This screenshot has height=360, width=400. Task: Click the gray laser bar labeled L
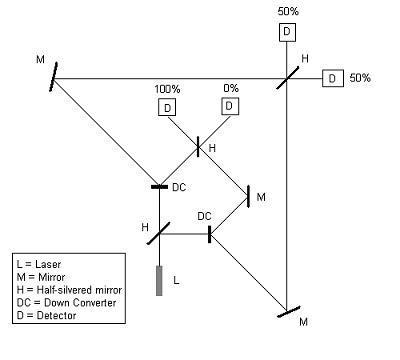[159, 281]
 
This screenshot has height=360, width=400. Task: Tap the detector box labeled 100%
[167, 108]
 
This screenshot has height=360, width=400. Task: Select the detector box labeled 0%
[230, 106]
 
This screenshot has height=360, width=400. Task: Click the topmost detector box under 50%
[287, 32]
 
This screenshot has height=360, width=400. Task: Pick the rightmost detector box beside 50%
[333, 79]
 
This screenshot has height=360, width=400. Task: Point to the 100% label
[167, 89]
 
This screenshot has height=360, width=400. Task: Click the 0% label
[231, 88]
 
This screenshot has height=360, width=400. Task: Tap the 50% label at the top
[288, 11]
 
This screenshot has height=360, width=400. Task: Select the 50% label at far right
[360, 78]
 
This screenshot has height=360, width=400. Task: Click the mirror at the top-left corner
[53, 77]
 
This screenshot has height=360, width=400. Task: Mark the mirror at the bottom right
[289, 312]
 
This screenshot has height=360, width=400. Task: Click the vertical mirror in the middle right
[248, 197]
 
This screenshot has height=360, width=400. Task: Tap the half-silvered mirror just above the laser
[159, 233]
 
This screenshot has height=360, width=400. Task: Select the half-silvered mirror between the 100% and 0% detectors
[198, 146]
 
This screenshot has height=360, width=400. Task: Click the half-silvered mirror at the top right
[287, 78]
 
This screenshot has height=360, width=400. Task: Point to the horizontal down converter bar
[159, 187]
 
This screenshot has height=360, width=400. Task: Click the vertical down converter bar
[209, 234]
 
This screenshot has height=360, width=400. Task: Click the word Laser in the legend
[48, 264]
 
